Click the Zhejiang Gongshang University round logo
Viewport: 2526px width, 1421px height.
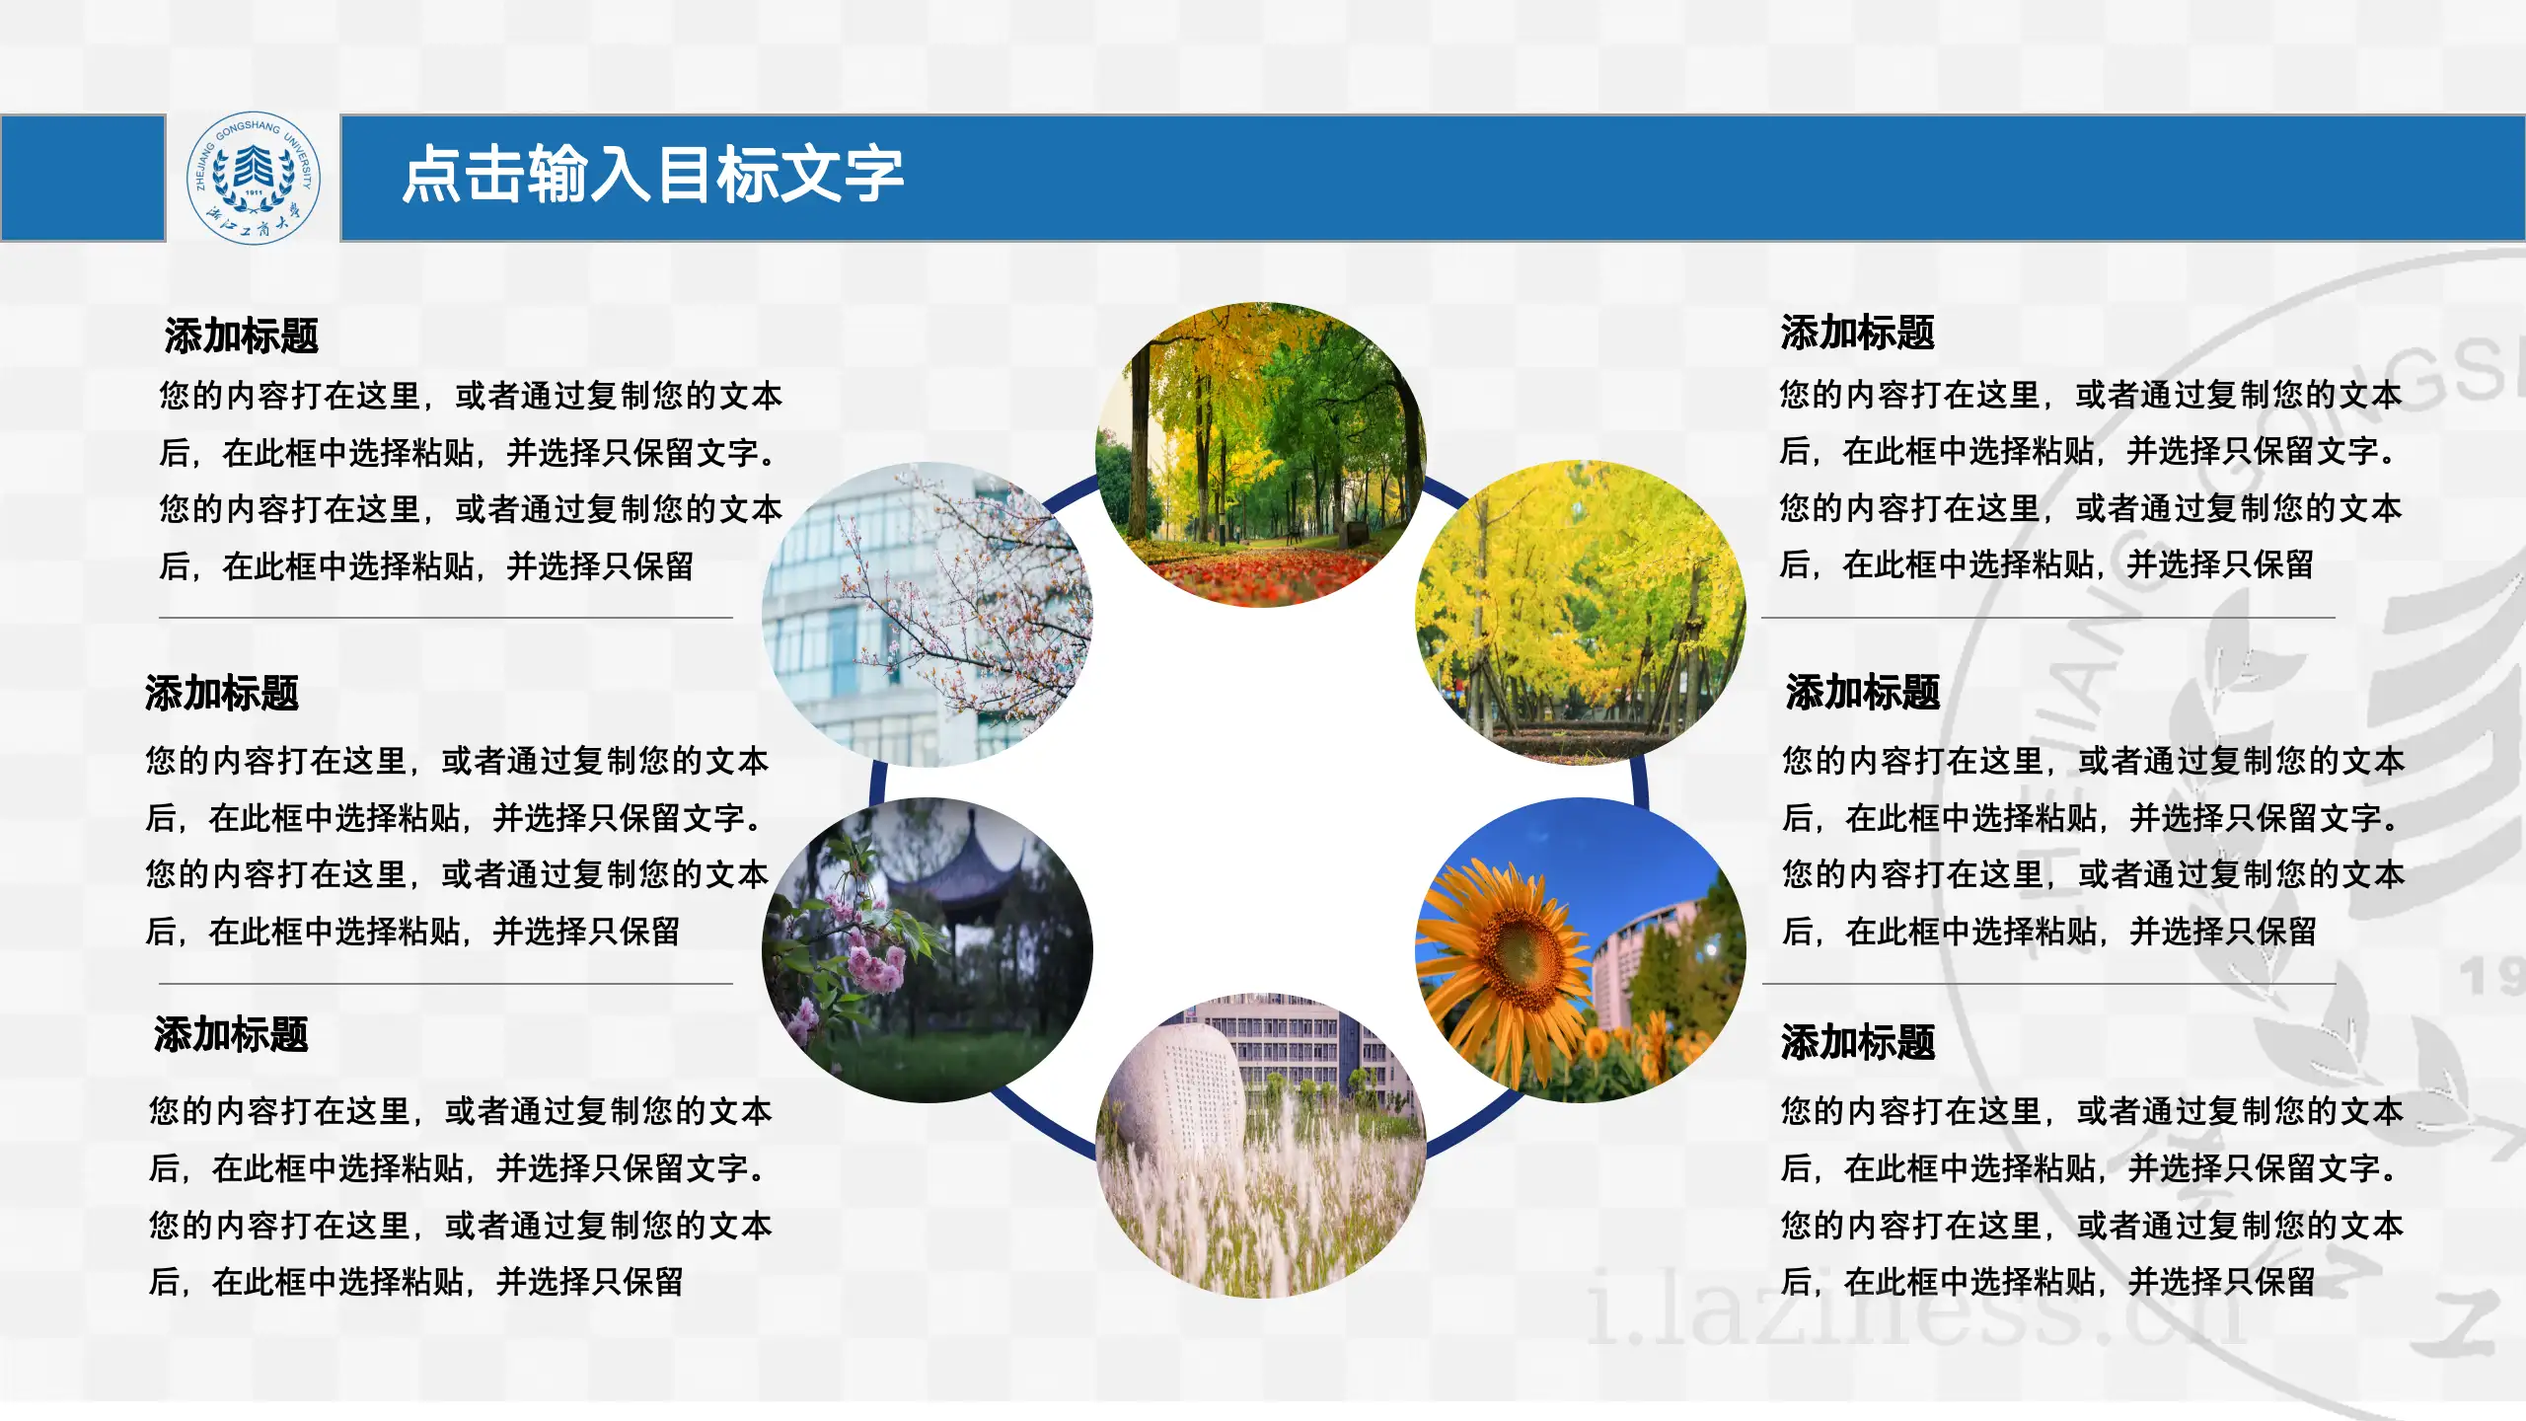point(254,178)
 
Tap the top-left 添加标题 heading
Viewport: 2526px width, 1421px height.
point(241,336)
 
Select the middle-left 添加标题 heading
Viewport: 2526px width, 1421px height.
point(221,693)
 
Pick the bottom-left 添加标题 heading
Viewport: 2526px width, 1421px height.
point(231,1034)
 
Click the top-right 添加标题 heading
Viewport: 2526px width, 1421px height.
point(1857,333)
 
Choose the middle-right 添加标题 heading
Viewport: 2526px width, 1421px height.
point(1862,692)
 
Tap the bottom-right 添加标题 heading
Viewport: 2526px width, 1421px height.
point(1857,1041)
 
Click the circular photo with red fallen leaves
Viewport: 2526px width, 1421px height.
point(1260,454)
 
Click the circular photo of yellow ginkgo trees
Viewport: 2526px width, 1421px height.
point(1581,612)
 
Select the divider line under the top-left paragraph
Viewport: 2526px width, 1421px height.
point(446,618)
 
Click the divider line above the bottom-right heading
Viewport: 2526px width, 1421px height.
point(2048,984)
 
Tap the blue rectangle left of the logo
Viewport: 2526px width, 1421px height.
point(82,178)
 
